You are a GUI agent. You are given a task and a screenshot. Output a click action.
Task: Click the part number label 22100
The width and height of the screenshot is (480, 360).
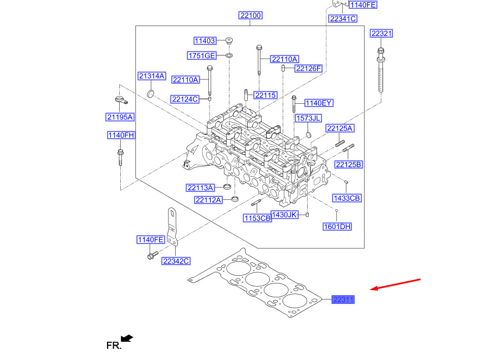(251, 16)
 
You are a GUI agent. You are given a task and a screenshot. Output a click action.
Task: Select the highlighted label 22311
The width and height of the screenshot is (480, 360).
(343, 300)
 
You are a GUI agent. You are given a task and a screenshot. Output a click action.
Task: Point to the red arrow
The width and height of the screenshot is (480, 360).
(395, 284)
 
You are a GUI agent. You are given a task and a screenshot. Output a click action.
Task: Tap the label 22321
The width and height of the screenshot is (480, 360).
(381, 33)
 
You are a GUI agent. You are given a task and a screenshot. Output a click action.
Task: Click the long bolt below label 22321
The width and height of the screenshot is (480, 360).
(381, 70)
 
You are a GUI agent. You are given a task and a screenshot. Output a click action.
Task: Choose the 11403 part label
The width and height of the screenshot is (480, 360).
(205, 40)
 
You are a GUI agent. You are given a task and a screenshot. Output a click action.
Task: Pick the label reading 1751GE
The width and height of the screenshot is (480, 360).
(202, 55)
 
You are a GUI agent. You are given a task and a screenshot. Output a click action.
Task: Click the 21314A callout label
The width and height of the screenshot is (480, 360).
(152, 76)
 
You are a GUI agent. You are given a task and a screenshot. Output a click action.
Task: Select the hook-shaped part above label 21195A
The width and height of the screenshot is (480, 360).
(121, 100)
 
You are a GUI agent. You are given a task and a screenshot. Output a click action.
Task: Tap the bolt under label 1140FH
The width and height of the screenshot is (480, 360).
(120, 158)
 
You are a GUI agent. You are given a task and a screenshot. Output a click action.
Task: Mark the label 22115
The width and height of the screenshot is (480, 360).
(265, 95)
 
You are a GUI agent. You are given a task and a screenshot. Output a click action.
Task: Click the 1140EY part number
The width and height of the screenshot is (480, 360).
(319, 103)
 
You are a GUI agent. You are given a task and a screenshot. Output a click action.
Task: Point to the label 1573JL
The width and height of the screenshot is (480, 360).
(308, 118)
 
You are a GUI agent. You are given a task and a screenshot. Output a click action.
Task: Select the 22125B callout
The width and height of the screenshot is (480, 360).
(349, 165)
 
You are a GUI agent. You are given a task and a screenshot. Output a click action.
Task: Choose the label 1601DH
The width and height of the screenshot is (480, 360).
(337, 226)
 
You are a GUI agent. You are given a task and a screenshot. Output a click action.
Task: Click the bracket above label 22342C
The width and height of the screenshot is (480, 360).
(173, 227)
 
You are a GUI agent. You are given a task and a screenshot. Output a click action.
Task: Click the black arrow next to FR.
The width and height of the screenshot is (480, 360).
(127, 338)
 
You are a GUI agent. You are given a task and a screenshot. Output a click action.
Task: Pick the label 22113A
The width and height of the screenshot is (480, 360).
(200, 188)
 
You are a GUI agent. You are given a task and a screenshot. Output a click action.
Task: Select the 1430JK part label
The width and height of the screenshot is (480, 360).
(284, 215)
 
